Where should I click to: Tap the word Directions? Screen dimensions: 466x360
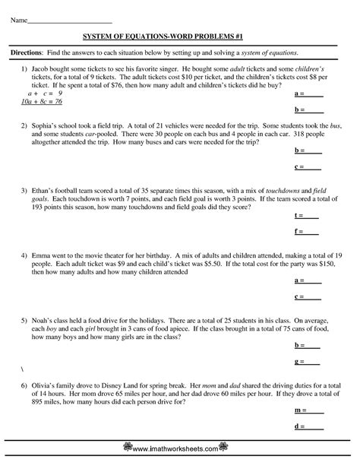coord(27,52)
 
